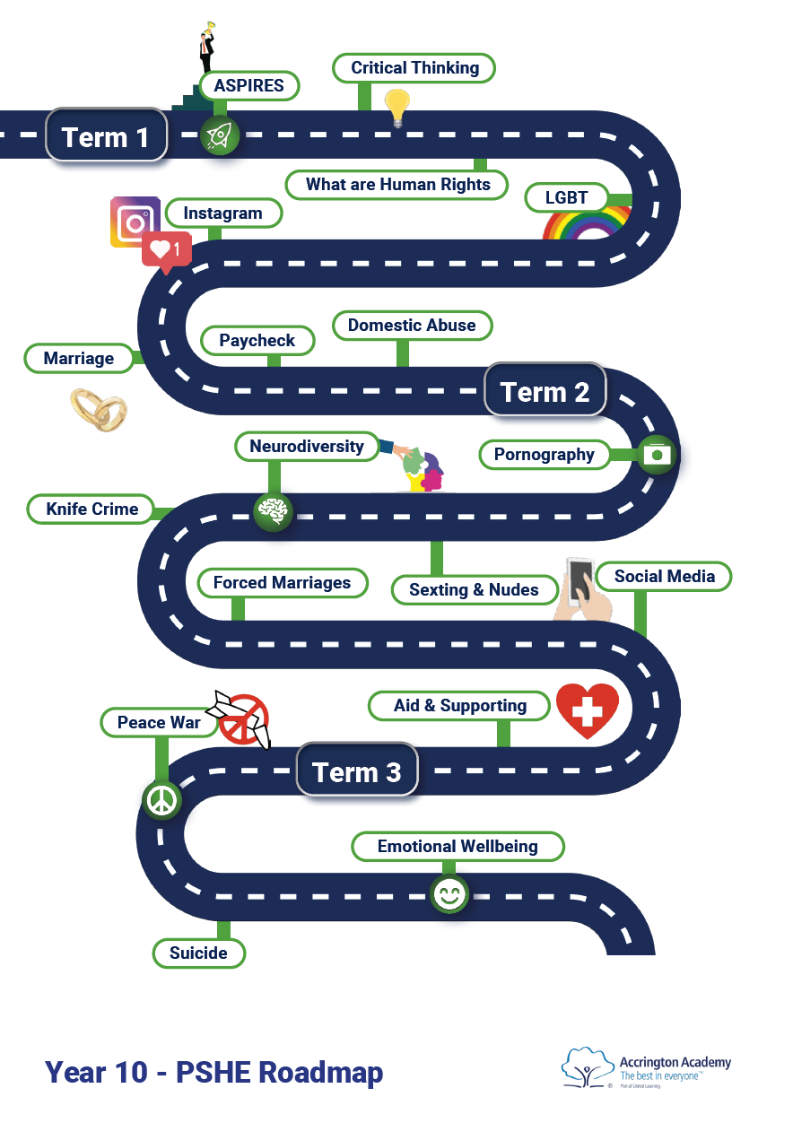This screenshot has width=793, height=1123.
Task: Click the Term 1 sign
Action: (106, 136)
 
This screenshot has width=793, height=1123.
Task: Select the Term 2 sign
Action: (545, 391)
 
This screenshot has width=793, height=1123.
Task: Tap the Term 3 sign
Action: (356, 771)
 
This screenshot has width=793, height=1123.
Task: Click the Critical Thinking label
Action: (414, 68)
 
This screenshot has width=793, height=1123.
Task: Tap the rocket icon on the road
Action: (218, 135)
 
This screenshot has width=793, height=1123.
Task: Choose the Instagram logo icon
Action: (135, 221)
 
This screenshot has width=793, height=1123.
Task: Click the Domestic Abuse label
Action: (412, 325)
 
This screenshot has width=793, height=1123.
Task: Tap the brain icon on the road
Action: (272, 512)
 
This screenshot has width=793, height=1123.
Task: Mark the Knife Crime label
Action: (92, 509)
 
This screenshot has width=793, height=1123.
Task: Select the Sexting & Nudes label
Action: (474, 589)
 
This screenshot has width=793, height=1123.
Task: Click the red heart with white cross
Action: (588, 710)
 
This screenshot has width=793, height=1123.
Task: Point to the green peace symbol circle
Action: (162, 799)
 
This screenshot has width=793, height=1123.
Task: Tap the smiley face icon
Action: (449, 893)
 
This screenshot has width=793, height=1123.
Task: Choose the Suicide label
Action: (198, 953)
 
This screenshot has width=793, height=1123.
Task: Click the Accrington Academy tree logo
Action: (588, 1067)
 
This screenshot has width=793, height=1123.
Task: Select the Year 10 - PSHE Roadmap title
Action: (214, 1071)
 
